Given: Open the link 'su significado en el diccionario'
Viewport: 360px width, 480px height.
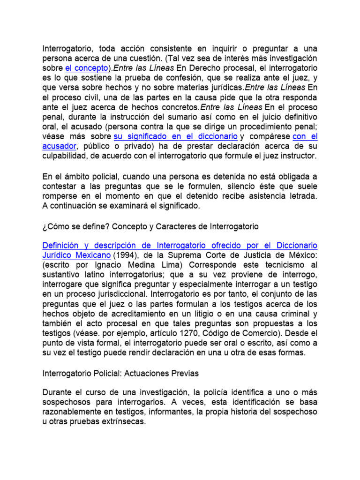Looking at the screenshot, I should point(176,136).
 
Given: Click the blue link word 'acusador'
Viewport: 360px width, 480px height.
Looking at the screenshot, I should point(59,146).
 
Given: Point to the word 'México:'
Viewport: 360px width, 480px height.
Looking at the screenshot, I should point(300,255).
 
